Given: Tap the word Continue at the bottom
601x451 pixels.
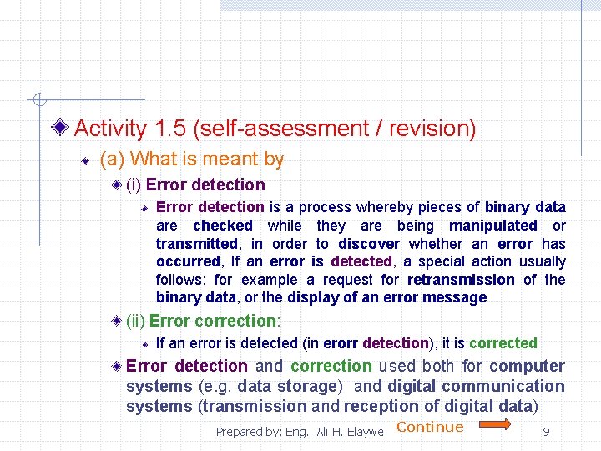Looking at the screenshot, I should click(x=430, y=427).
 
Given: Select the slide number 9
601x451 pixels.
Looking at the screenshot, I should click(x=546, y=432).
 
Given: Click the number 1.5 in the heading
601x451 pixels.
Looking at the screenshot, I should click(x=170, y=129).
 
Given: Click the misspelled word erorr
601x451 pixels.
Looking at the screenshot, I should click(x=341, y=343).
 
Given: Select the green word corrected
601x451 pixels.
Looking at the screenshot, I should click(x=503, y=343).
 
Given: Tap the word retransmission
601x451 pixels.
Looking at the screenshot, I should click(x=461, y=280).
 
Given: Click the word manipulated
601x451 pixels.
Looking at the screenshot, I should click(x=493, y=225).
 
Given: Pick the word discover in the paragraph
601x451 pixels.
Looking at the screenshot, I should click(x=369, y=244).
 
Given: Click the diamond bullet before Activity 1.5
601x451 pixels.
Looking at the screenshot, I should click(x=59, y=129).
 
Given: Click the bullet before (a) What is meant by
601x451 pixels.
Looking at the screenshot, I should click(x=84, y=160).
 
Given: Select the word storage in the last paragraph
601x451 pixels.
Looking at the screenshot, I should click(x=308, y=386).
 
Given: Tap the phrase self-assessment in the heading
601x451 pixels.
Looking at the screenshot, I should click(x=289, y=129).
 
